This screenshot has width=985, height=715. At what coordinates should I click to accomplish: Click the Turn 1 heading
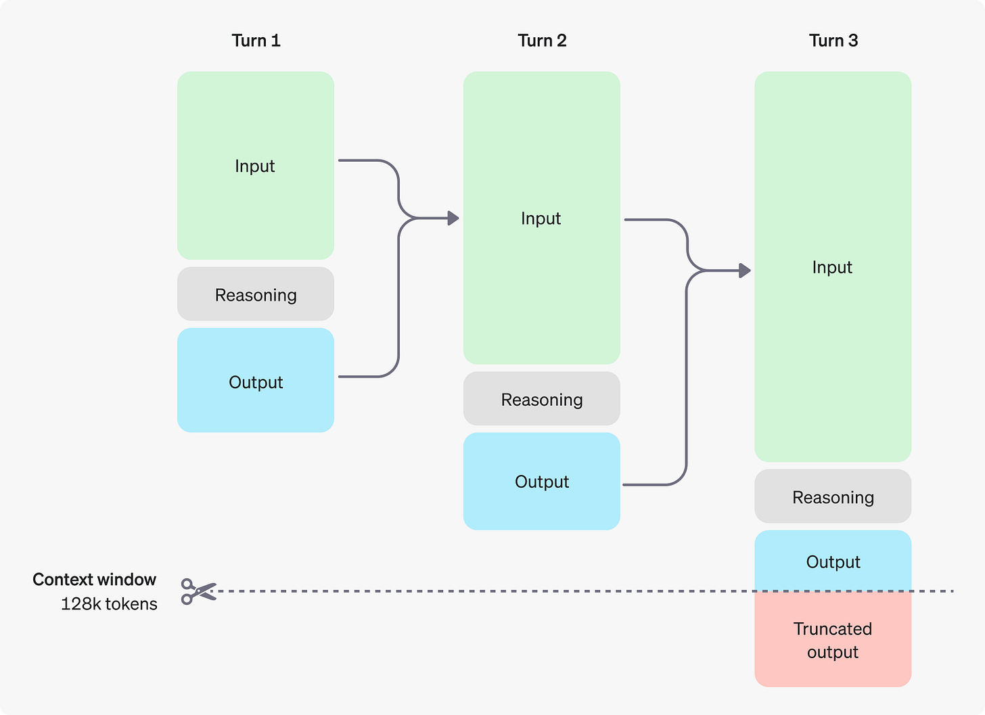256,41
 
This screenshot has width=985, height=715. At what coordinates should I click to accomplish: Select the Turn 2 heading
542,41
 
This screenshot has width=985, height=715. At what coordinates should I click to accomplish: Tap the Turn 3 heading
833,41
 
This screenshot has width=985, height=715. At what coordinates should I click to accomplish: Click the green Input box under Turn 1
256,166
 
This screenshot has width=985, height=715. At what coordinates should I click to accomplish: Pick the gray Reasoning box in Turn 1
256,294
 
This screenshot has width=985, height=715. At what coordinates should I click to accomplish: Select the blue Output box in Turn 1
256,381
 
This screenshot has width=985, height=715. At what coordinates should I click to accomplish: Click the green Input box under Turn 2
541,218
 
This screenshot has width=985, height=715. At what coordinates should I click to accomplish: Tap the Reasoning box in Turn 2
541,399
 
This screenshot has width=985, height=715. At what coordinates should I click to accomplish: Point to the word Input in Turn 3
832,267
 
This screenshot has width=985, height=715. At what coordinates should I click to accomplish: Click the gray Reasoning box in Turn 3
833,497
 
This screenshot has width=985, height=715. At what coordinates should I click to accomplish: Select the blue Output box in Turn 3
833,561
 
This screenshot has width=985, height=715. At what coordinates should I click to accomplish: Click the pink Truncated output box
833,640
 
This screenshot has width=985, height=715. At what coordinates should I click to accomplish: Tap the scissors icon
198,591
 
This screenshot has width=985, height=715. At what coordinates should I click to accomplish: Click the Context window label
95,580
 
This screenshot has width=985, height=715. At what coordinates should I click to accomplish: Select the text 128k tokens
109,604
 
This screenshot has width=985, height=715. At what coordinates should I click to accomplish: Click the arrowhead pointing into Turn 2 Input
453,218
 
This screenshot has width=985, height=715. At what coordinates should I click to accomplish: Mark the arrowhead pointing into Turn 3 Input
745,271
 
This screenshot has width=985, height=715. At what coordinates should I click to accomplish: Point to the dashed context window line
474,591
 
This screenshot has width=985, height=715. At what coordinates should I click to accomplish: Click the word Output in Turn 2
542,482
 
